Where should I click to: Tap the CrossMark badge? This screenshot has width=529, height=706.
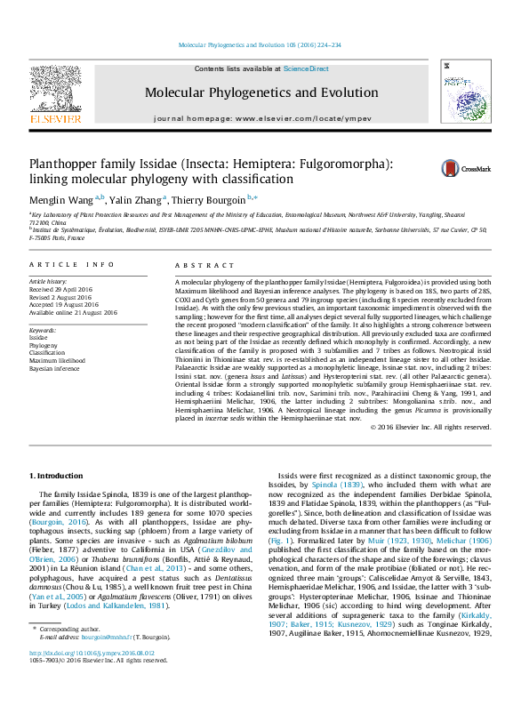coord(462,169)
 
